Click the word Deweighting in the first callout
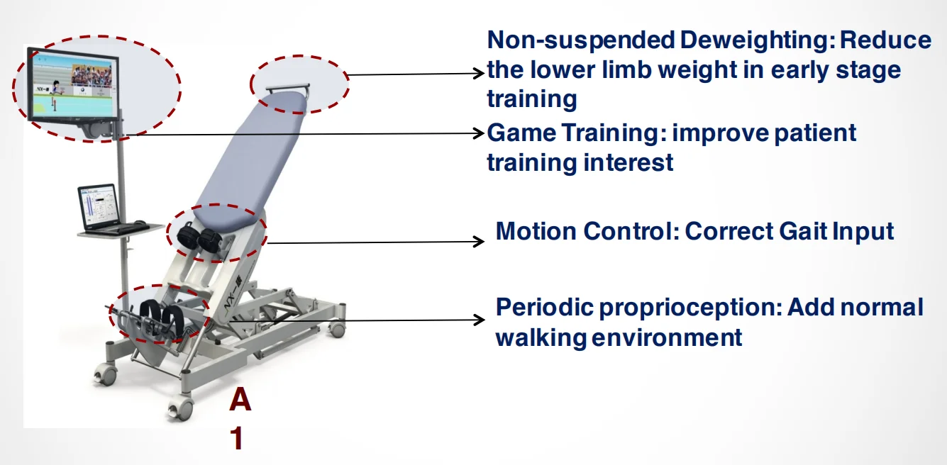[x=757, y=41]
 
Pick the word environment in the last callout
[x=667, y=338]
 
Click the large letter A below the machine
[x=240, y=399]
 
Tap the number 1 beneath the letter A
[x=238, y=438]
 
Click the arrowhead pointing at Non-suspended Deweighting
[x=479, y=74]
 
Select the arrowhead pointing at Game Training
[x=479, y=133]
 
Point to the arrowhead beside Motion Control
[x=479, y=242]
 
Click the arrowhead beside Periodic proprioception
[x=479, y=320]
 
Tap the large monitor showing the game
[x=73, y=86]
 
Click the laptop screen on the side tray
[x=99, y=206]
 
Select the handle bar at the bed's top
[x=288, y=88]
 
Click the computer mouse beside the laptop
[x=140, y=223]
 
